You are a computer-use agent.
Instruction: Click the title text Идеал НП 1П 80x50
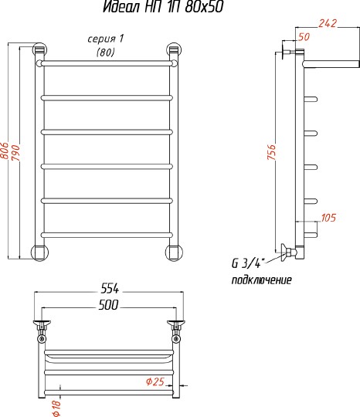point(163,7)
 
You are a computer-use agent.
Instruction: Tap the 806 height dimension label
point(5,151)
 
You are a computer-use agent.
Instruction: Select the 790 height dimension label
point(15,153)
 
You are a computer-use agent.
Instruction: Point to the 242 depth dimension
point(328,23)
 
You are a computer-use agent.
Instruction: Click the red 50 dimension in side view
point(304,37)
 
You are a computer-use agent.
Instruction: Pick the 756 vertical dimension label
point(272,152)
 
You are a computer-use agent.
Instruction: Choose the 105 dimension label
point(328,218)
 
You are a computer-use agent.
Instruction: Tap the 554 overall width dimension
point(110,289)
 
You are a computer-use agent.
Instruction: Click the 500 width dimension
point(108,305)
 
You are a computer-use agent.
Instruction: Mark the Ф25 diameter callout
point(155,381)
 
